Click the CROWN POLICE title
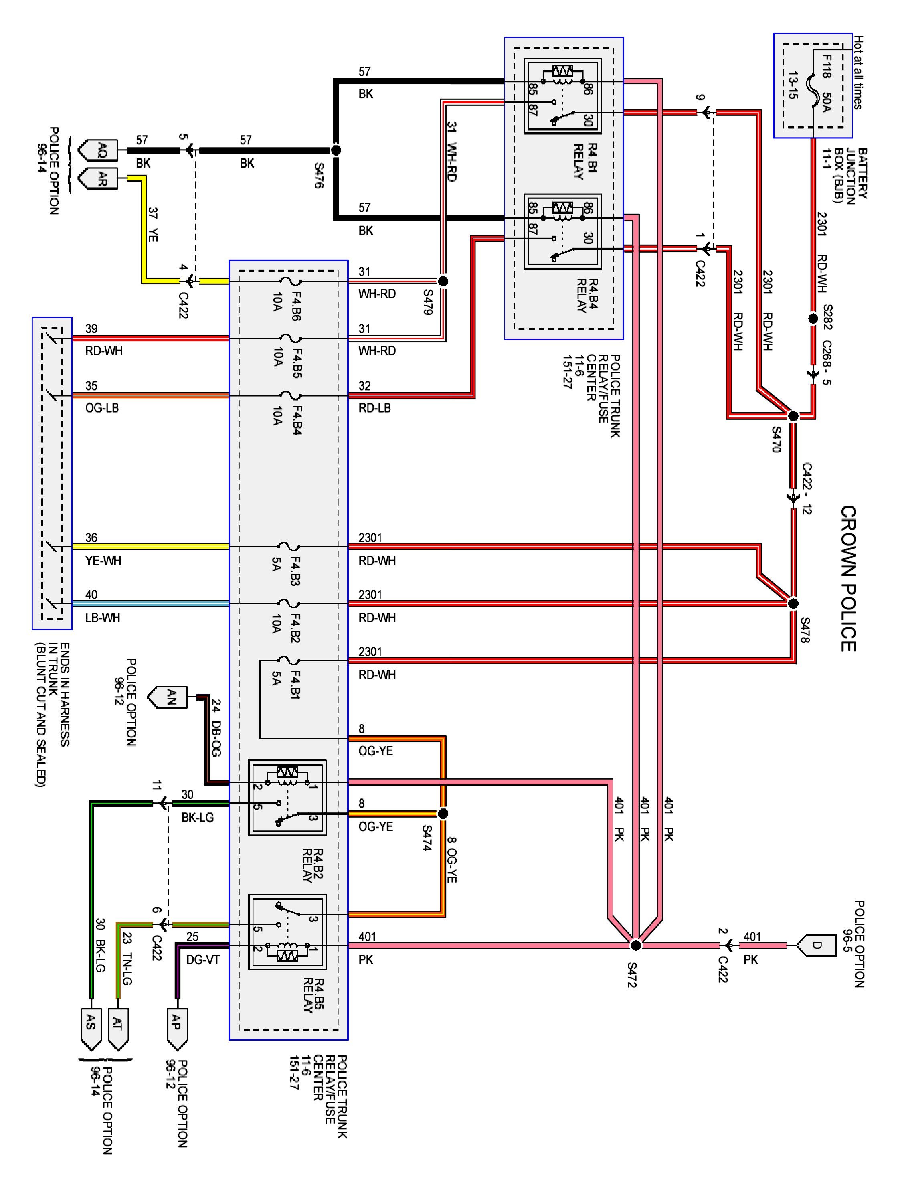[849, 579]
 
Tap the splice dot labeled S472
[635, 946]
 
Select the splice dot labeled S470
[793, 417]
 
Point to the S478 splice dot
[793, 604]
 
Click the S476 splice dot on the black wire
[336, 150]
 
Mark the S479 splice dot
[443, 281]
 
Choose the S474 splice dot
[443, 814]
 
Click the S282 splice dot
[813, 318]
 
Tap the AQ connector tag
[98, 150]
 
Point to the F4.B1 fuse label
[296, 685]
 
